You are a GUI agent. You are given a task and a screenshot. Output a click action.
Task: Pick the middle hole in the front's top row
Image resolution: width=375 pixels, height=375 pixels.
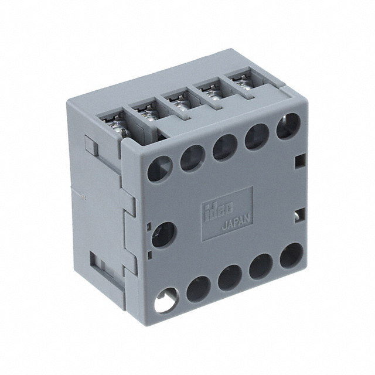[x=224, y=147]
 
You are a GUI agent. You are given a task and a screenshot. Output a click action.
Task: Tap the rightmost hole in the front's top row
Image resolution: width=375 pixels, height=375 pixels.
[x=288, y=125]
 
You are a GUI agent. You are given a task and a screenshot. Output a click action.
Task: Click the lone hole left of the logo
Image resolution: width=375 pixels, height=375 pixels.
[x=164, y=234]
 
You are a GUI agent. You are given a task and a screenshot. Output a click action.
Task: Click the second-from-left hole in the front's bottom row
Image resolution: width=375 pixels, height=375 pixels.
[x=198, y=288]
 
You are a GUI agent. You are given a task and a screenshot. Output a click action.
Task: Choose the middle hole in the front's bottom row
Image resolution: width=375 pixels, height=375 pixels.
[x=230, y=277]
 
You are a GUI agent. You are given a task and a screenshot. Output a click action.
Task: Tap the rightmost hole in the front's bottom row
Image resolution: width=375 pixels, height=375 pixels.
[x=291, y=256]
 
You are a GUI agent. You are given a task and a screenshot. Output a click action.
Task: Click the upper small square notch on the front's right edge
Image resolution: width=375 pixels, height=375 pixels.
[x=301, y=160]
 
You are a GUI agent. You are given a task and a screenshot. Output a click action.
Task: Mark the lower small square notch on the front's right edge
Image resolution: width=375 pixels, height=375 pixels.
[x=301, y=212]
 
